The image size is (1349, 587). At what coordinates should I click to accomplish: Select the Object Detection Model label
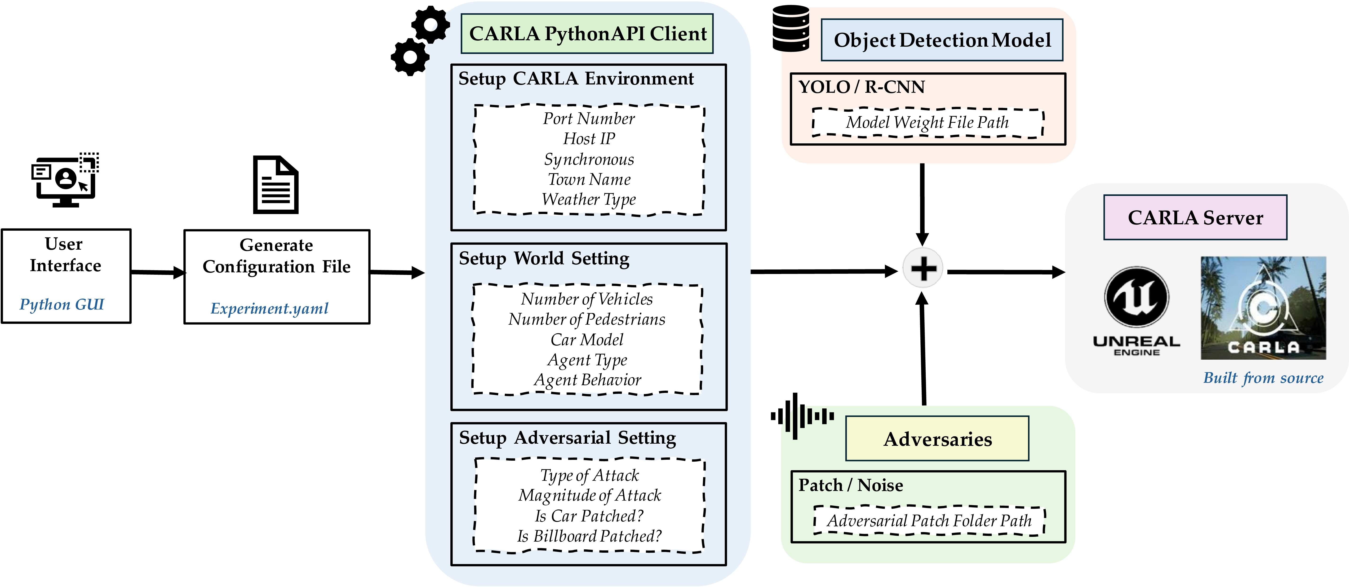(x=941, y=40)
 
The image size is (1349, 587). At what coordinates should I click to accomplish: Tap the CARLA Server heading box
(x=1195, y=217)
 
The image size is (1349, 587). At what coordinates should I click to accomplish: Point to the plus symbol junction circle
(x=923, y=268)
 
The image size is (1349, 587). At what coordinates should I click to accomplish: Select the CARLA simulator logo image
(x=1263, y=308)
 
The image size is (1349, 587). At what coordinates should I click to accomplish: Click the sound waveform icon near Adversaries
(x=801, y=416)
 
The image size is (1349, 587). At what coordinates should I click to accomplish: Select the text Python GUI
(x=62, y=304)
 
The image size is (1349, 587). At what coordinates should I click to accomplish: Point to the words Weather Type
(x=589, y=199)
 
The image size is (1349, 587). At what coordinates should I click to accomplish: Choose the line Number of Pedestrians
(x=586, y=319)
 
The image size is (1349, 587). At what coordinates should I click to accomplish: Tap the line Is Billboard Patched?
(x=589, y=536)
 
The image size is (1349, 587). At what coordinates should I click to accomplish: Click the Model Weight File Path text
(x=927, y=123)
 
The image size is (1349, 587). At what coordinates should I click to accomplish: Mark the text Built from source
(x=1263, y=378)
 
